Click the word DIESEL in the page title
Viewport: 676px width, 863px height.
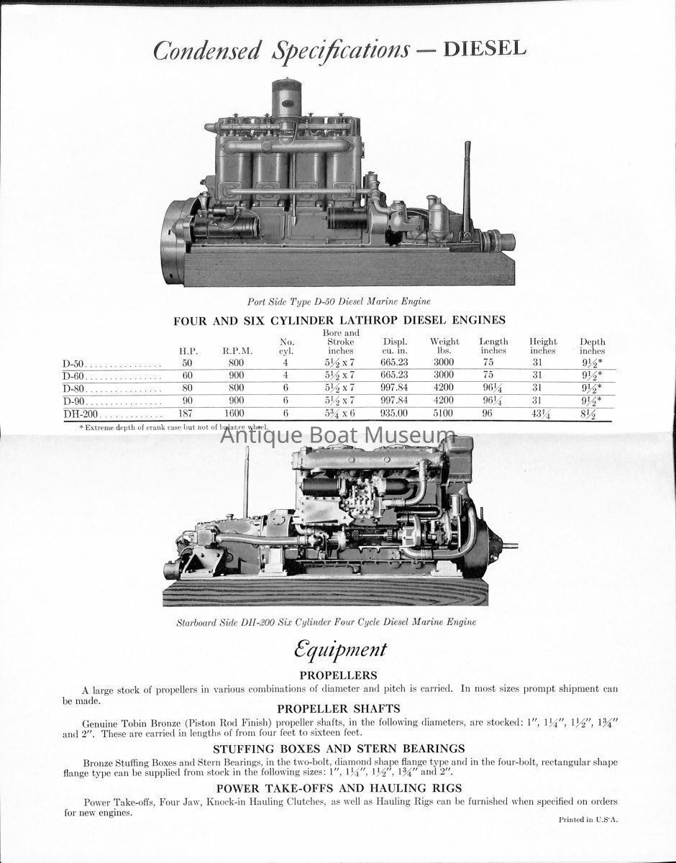pos(485,50)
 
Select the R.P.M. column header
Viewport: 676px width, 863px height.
pos(237,351)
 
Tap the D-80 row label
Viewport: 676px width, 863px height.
pos(75,388)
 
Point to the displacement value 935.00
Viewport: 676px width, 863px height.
pos(394,415)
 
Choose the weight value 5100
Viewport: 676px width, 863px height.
pos(444,415)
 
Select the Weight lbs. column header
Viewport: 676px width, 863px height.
pos(444,346)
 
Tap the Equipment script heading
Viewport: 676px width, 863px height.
pos(339,649)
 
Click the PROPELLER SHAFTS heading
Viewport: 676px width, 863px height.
pos(339,708)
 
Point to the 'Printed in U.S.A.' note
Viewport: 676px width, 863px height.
pos(588,819)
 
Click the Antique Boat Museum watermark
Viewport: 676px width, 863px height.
pos(338,435)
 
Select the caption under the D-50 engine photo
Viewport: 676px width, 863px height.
pos(339,301)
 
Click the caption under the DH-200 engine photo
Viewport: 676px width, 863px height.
pos(326,621)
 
